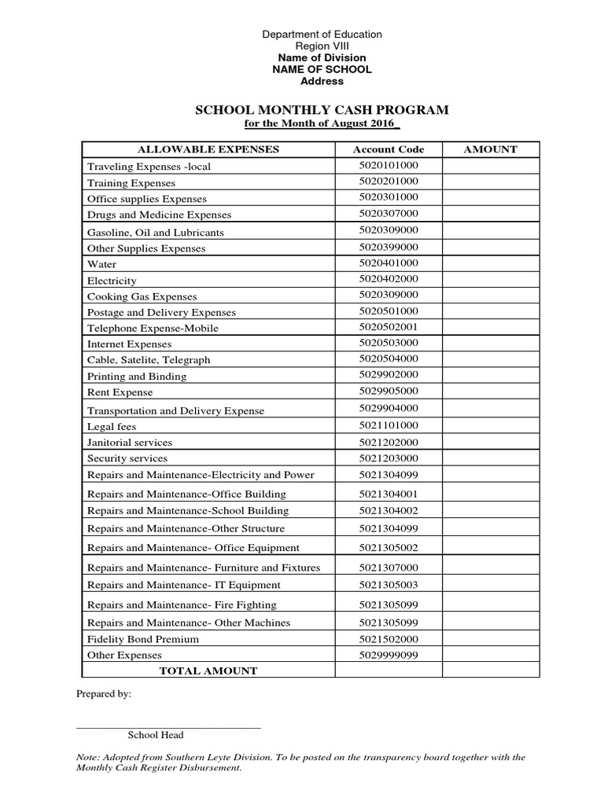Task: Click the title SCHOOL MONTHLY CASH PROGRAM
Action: [x=322, y=110]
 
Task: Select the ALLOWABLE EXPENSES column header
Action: [x=208, y=149]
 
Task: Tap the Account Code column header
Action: [x=389, y=149]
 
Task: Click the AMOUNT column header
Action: [x=490, y=149]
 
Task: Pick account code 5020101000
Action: [x=389, y=165]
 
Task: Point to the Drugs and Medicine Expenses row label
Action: [x=160, y=215]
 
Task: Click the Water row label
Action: [x=102, y=264]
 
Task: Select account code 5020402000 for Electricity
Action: [x=389, y=279]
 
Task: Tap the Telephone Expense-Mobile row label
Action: [x=153, y=328]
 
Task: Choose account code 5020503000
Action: [x=389, y=343]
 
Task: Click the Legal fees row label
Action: [x=112, y=426]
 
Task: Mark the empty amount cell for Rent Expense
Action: [x=490, y=391]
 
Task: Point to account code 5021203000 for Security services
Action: [x=389, y=458]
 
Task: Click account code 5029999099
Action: [x=389, y=654]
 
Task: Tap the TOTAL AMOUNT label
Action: [x=208, y=671]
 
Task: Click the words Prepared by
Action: [x=104, y=694]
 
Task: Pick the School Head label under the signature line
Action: [x=156, y=735]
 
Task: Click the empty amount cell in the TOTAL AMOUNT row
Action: [x=490, y=670]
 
